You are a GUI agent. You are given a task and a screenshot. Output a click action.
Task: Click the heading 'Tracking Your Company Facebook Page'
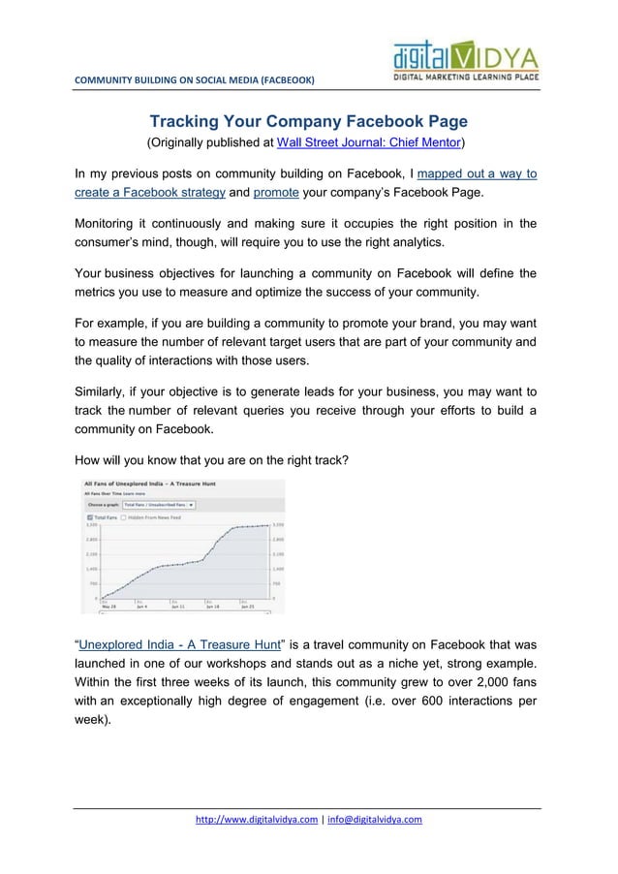(308, 122)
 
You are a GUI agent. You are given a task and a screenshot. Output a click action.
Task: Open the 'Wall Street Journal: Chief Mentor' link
(369, 144)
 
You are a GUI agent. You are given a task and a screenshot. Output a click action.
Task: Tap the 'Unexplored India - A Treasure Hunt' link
(179, 642)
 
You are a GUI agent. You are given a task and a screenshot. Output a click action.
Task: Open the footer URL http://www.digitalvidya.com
(256, 820)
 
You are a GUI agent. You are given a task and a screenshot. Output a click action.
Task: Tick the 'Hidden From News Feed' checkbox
(123, 517)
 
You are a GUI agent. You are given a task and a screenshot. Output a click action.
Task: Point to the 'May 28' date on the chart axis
(108, 607)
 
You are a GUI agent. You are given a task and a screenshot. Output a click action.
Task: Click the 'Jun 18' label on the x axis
(211, 607)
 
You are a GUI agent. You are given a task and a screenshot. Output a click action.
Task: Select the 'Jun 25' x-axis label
(248, 607)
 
